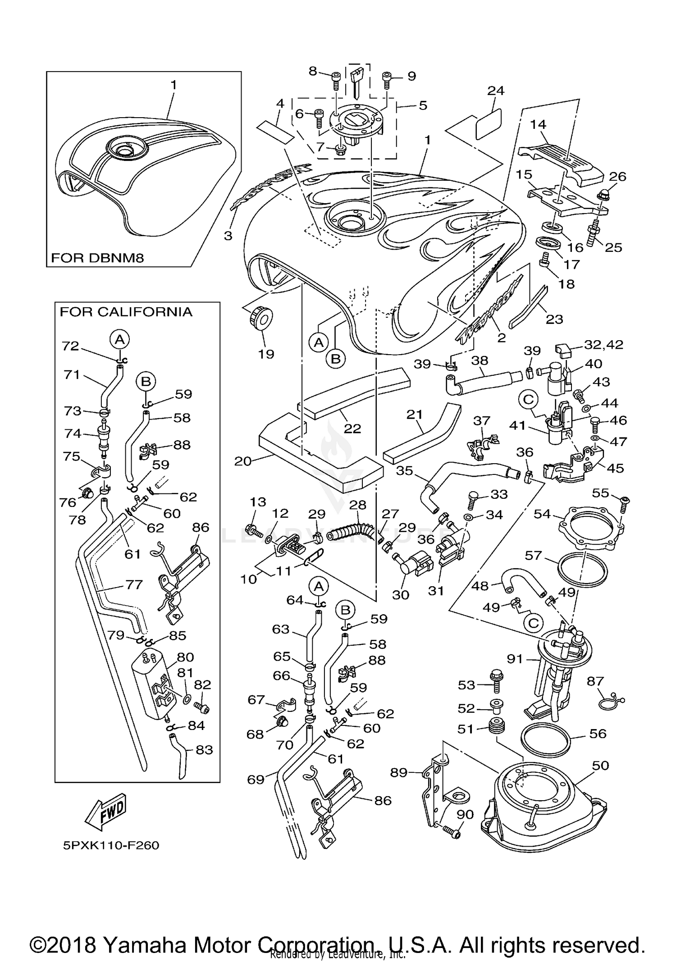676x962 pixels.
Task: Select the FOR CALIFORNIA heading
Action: (126, 312)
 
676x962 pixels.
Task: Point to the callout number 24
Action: (496, 91)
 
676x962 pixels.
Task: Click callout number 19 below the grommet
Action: (266, 354)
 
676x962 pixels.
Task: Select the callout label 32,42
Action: (603, 345)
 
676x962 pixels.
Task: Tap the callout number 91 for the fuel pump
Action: (515, 659)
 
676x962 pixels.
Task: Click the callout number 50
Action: (600, 765)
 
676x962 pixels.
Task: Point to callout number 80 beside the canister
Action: (185, 657)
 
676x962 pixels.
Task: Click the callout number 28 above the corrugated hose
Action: (358, 505)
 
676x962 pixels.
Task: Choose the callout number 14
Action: (538, 124)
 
